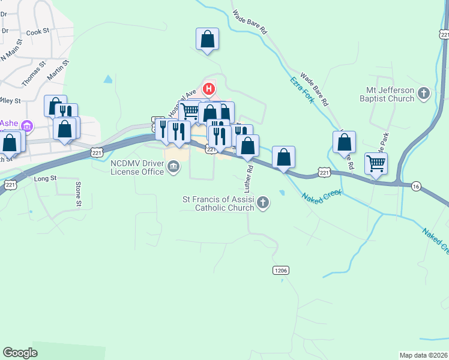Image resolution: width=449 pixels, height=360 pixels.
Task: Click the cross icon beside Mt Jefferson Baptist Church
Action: (x=424, y=93)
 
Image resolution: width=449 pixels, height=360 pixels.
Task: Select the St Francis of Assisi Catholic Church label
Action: (x=217, y=204)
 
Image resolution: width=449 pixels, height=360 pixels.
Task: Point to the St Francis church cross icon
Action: (x=262, y=205)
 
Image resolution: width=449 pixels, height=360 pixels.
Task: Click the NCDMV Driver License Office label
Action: (x=137, y=167)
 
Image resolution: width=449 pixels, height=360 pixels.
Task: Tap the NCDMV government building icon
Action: (x=173, y=166)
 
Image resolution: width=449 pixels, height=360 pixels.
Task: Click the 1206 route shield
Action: (x=281, y=271)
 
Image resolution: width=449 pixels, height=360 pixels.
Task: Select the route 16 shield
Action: (x=416, y=187)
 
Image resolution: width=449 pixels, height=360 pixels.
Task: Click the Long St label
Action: (x=45, y=178)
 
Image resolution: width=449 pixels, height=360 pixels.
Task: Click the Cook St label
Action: (x=37, y=31)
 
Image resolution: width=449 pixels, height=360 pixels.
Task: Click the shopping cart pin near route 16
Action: (x=376, y=162)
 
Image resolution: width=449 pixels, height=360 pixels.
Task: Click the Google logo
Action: (x=20, y=353)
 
